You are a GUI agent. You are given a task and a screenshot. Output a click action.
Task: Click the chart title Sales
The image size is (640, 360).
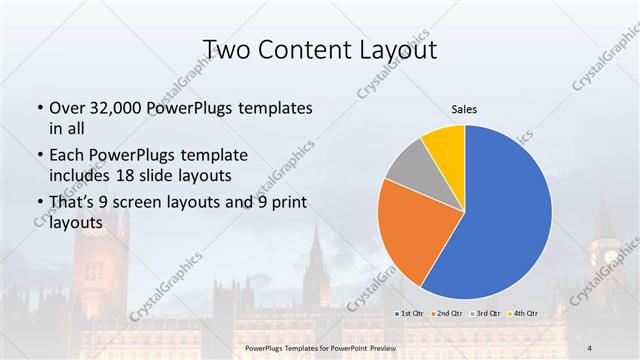point(465,109)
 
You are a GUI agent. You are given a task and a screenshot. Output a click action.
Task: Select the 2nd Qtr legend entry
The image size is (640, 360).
point(447,313)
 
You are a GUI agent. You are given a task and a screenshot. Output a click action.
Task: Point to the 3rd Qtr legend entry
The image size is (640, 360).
point(486,313)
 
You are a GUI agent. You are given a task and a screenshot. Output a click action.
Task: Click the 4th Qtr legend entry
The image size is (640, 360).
point(524,313)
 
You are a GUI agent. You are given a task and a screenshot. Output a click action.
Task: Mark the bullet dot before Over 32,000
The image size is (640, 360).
point(39,108)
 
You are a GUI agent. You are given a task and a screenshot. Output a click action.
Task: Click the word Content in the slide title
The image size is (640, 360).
point(306,49)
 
